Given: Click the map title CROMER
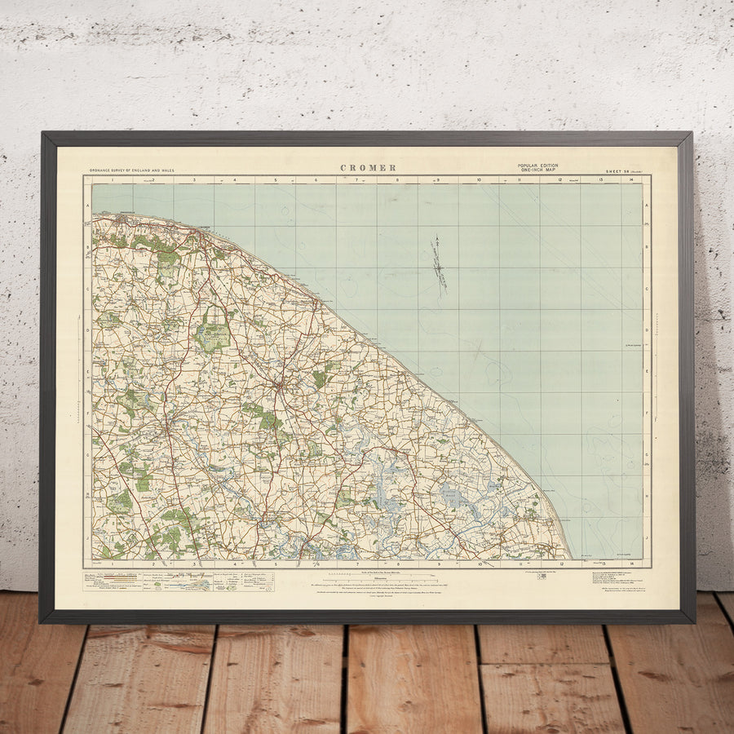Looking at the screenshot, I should click(x=369, y=168).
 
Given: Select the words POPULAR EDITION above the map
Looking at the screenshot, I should click(x=538, y=166).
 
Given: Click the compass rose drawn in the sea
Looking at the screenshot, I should click(x=440, y=265).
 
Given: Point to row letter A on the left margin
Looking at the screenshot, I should click(x=87, y=206).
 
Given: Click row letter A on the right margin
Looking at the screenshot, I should click(x=647, y=206).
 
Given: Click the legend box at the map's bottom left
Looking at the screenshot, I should click(x=160, y=581).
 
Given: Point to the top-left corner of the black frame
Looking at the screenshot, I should click(x=42, y=134).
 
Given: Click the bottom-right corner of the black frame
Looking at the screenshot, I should click(x=693, y=621).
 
